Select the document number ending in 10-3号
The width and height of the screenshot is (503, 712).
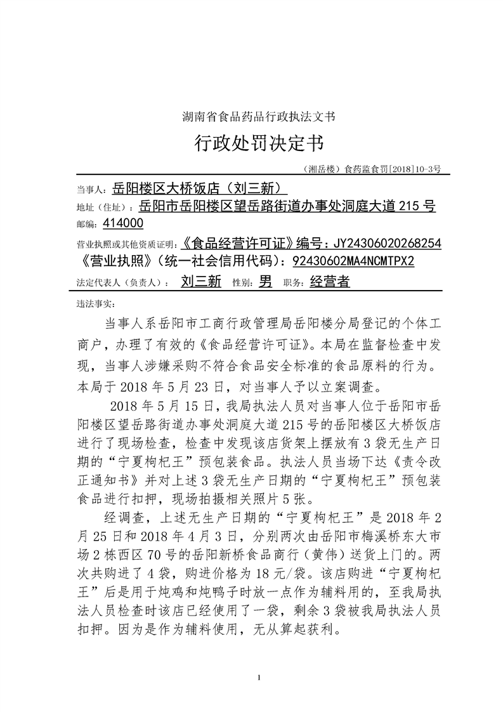(x=372, y=169)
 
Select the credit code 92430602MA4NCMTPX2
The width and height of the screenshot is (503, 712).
(x=353, y=262)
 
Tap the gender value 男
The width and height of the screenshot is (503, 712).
(x=266, y=282)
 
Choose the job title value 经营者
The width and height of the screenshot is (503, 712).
(x=330, y=282)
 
